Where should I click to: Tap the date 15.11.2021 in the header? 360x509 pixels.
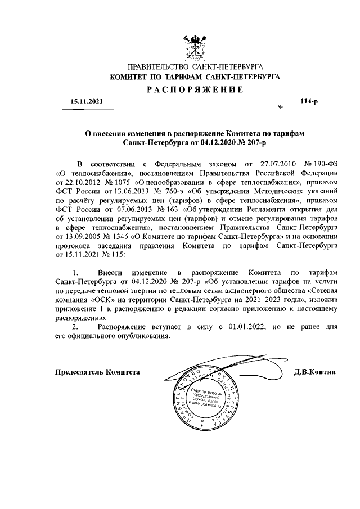[87, 102]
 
